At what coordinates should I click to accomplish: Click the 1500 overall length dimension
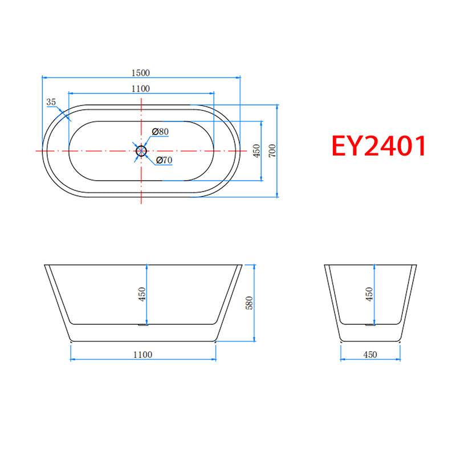[x=141, y=72]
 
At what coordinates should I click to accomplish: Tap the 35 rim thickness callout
[x=51, y=102]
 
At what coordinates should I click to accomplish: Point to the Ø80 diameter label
[x=161, y=132]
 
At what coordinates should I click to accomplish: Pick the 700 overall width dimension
[x=272, y=151]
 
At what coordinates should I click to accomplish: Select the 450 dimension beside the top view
[x=256, y=151]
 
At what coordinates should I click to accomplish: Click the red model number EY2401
[x=379, y=146]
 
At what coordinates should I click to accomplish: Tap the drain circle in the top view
[x=141, y=150]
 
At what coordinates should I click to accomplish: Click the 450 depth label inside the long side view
[x=142, y=294]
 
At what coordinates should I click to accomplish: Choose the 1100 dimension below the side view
[x=142, y=355]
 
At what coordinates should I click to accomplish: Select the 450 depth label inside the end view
[x=369, y=294]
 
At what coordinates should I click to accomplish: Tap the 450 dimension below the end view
[x=370, y=355]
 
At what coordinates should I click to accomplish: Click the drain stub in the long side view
[x=142, y=325]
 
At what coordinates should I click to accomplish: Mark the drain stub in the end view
[x=370, y=325]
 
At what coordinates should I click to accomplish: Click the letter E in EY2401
[x=341, y=146]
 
